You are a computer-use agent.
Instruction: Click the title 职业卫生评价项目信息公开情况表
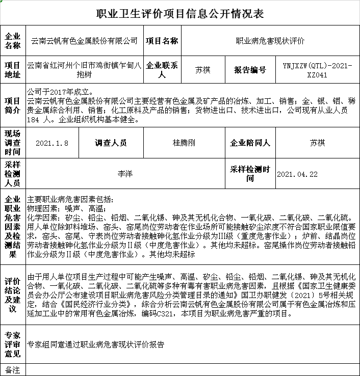[180, 13]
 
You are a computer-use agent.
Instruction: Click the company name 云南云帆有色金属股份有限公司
[85, 41]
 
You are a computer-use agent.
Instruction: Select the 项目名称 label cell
[162, 41]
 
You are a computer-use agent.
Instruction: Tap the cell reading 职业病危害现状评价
[270, 41]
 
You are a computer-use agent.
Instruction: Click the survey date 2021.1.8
[52, 143]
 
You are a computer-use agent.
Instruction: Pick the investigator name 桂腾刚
[184, 143]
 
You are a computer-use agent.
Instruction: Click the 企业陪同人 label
[250, 143]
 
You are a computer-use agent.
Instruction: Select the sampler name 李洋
[125, 174]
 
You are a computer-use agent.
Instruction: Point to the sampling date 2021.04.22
[297, 174]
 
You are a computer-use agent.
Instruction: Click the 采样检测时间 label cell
[250, 174]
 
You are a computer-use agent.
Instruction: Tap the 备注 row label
[12, 369]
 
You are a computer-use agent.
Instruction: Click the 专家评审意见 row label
[12, 344]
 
